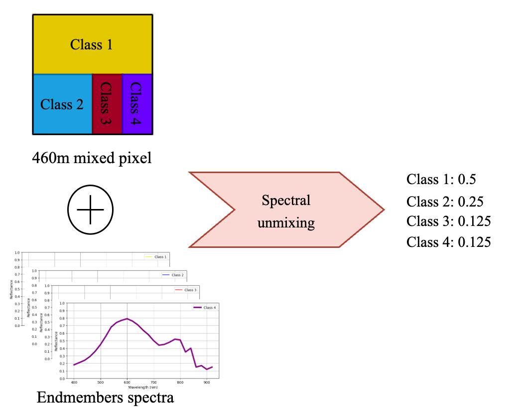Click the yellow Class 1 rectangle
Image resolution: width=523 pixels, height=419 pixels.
tap(92, 44)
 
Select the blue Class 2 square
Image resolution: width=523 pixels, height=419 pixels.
tap(62, 104)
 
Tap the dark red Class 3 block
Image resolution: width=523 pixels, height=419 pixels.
tap(107, 104)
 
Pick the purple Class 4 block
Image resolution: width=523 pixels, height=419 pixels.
tap(137, 104)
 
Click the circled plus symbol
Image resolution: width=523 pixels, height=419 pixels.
tap(91, 209)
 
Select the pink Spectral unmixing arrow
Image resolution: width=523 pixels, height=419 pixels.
tap(286, 209)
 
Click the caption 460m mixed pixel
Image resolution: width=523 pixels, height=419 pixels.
tap(92, 159)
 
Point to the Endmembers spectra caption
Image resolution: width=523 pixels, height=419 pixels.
tap(105, 398)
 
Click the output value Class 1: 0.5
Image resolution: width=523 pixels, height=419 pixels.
tap(441, 179)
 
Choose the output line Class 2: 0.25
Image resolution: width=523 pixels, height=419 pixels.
tap(445, 202)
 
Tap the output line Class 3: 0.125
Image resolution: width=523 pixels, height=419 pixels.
tap(448, 221)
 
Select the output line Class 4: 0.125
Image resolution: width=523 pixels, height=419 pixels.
tap(448, 242)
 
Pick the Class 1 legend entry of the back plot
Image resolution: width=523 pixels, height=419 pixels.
tap(155, 257)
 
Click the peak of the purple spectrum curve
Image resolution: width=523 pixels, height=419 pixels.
tap(127, 318)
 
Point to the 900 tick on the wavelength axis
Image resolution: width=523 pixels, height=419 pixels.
tap(207, 382)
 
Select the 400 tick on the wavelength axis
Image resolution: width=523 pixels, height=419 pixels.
tap(74, 382)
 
